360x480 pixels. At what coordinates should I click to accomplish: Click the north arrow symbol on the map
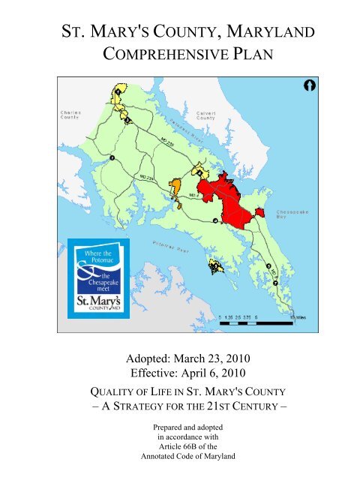(307, 86)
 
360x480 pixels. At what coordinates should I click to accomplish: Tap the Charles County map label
(71, 116)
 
